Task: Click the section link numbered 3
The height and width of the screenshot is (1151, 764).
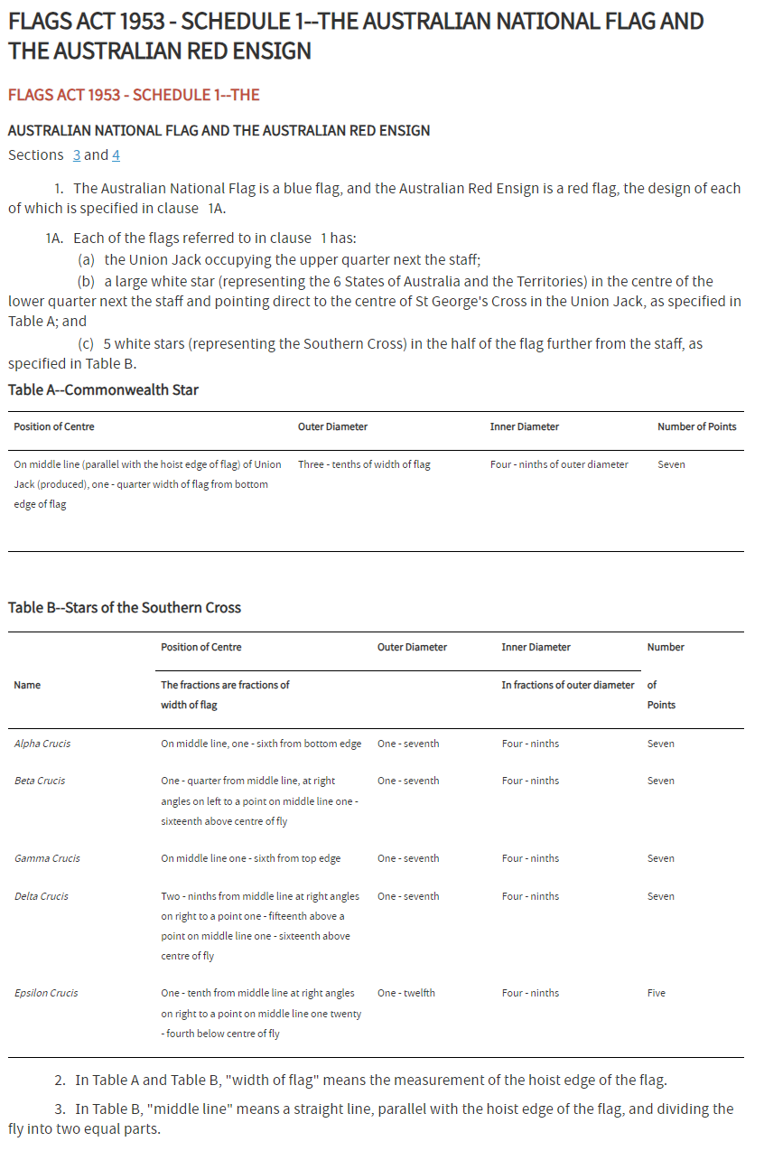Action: pyautogui.click(x=77, y=155)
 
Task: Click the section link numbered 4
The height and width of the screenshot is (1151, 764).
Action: pyautogui.click(x=116, y=155)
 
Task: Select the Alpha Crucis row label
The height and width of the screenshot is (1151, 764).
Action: pyautogui.click(x=42, y=744)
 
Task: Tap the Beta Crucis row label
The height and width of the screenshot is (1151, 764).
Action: pyautogui.click(x=40, y=781)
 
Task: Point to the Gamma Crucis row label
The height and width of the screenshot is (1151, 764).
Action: pyautogui.click(x=47, y=858)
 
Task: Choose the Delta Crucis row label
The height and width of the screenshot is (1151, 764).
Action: pyautogui.click(x=41, y=896)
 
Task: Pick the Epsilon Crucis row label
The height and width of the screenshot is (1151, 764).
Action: pyautogui.click(x=46, y=993)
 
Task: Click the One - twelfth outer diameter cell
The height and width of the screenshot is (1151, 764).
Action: pyautogui.click(x=406, y=993)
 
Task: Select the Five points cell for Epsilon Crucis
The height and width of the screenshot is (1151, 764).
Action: pyautogui.click(x=657, y=993)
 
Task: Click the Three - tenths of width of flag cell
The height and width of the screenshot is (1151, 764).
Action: pyautogui.click(x=364, y=464)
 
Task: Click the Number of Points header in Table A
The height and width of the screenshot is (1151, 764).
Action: pyautogui.click(x=696, y=426)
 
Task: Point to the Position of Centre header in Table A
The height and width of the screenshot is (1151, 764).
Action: pyautogui.click(x=54, y=426)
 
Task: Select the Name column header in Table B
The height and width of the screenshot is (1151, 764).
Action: pyautogui.click(x=27, y=685)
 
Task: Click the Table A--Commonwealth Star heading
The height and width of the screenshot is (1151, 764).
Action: pyautogui.click(x=103, y=390)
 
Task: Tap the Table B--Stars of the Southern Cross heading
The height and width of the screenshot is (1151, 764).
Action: pyautogui.click(x=125, y=607)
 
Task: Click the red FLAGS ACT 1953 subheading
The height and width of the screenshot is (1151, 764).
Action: pyautogui.click(x=134, y=95)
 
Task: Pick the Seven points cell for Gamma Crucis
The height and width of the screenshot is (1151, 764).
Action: pyautogui.click(x=661, y=858)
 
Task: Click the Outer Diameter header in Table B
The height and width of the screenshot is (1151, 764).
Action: pyautogui.click(x=412, y=647)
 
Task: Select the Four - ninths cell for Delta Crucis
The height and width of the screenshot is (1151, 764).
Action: pyautogui.click(x=530, y=896)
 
